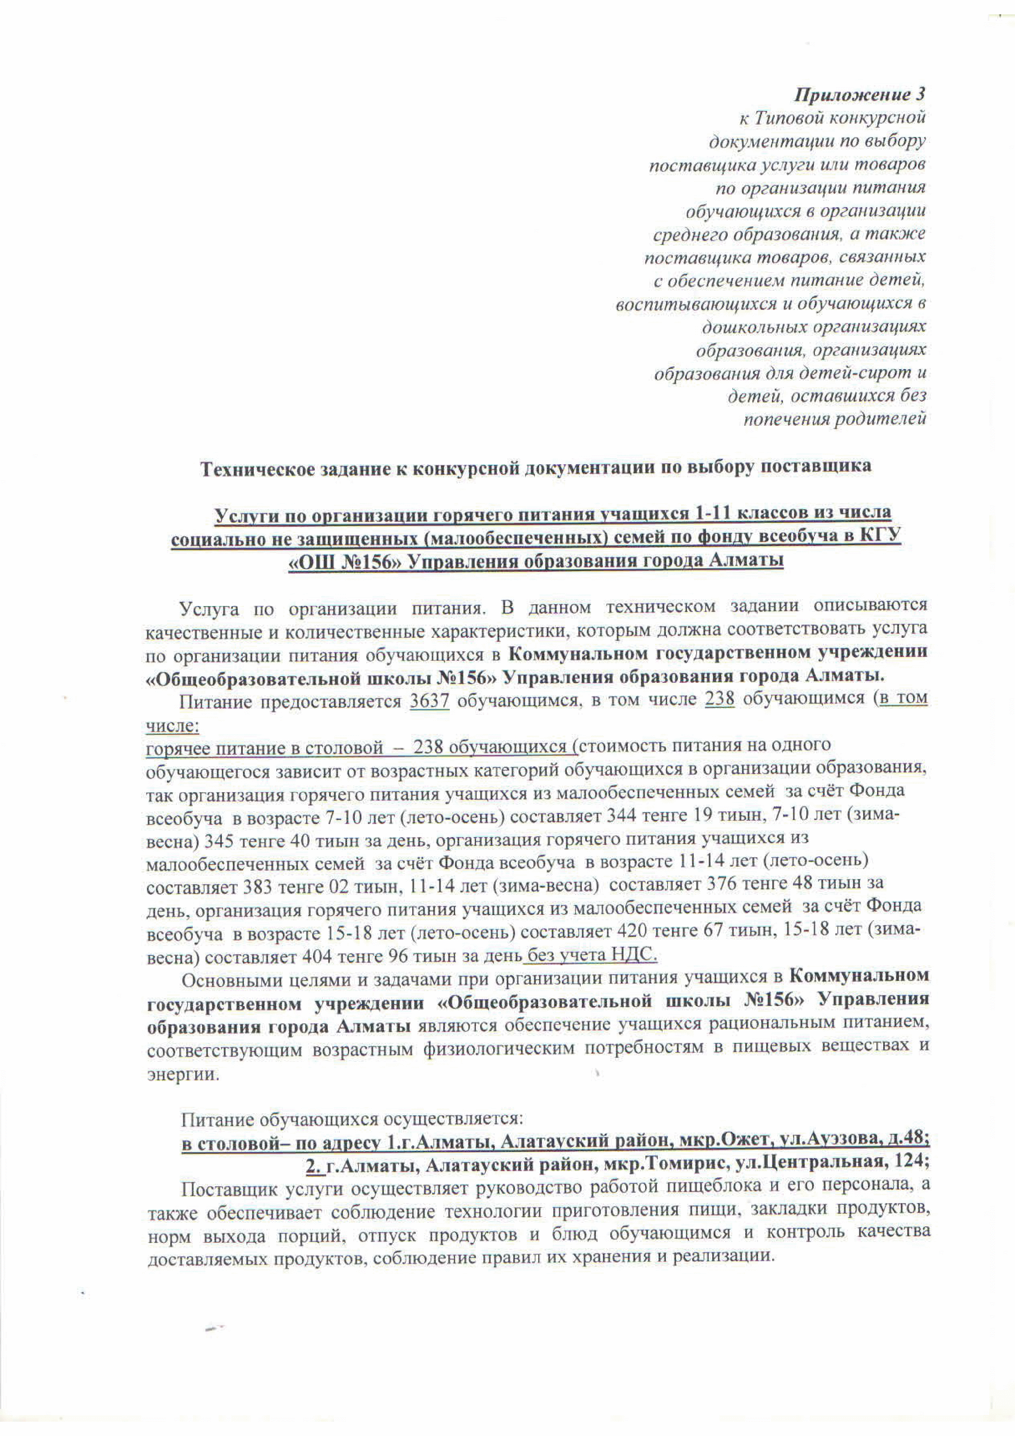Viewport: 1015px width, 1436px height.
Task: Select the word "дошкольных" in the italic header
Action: (753, 327)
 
